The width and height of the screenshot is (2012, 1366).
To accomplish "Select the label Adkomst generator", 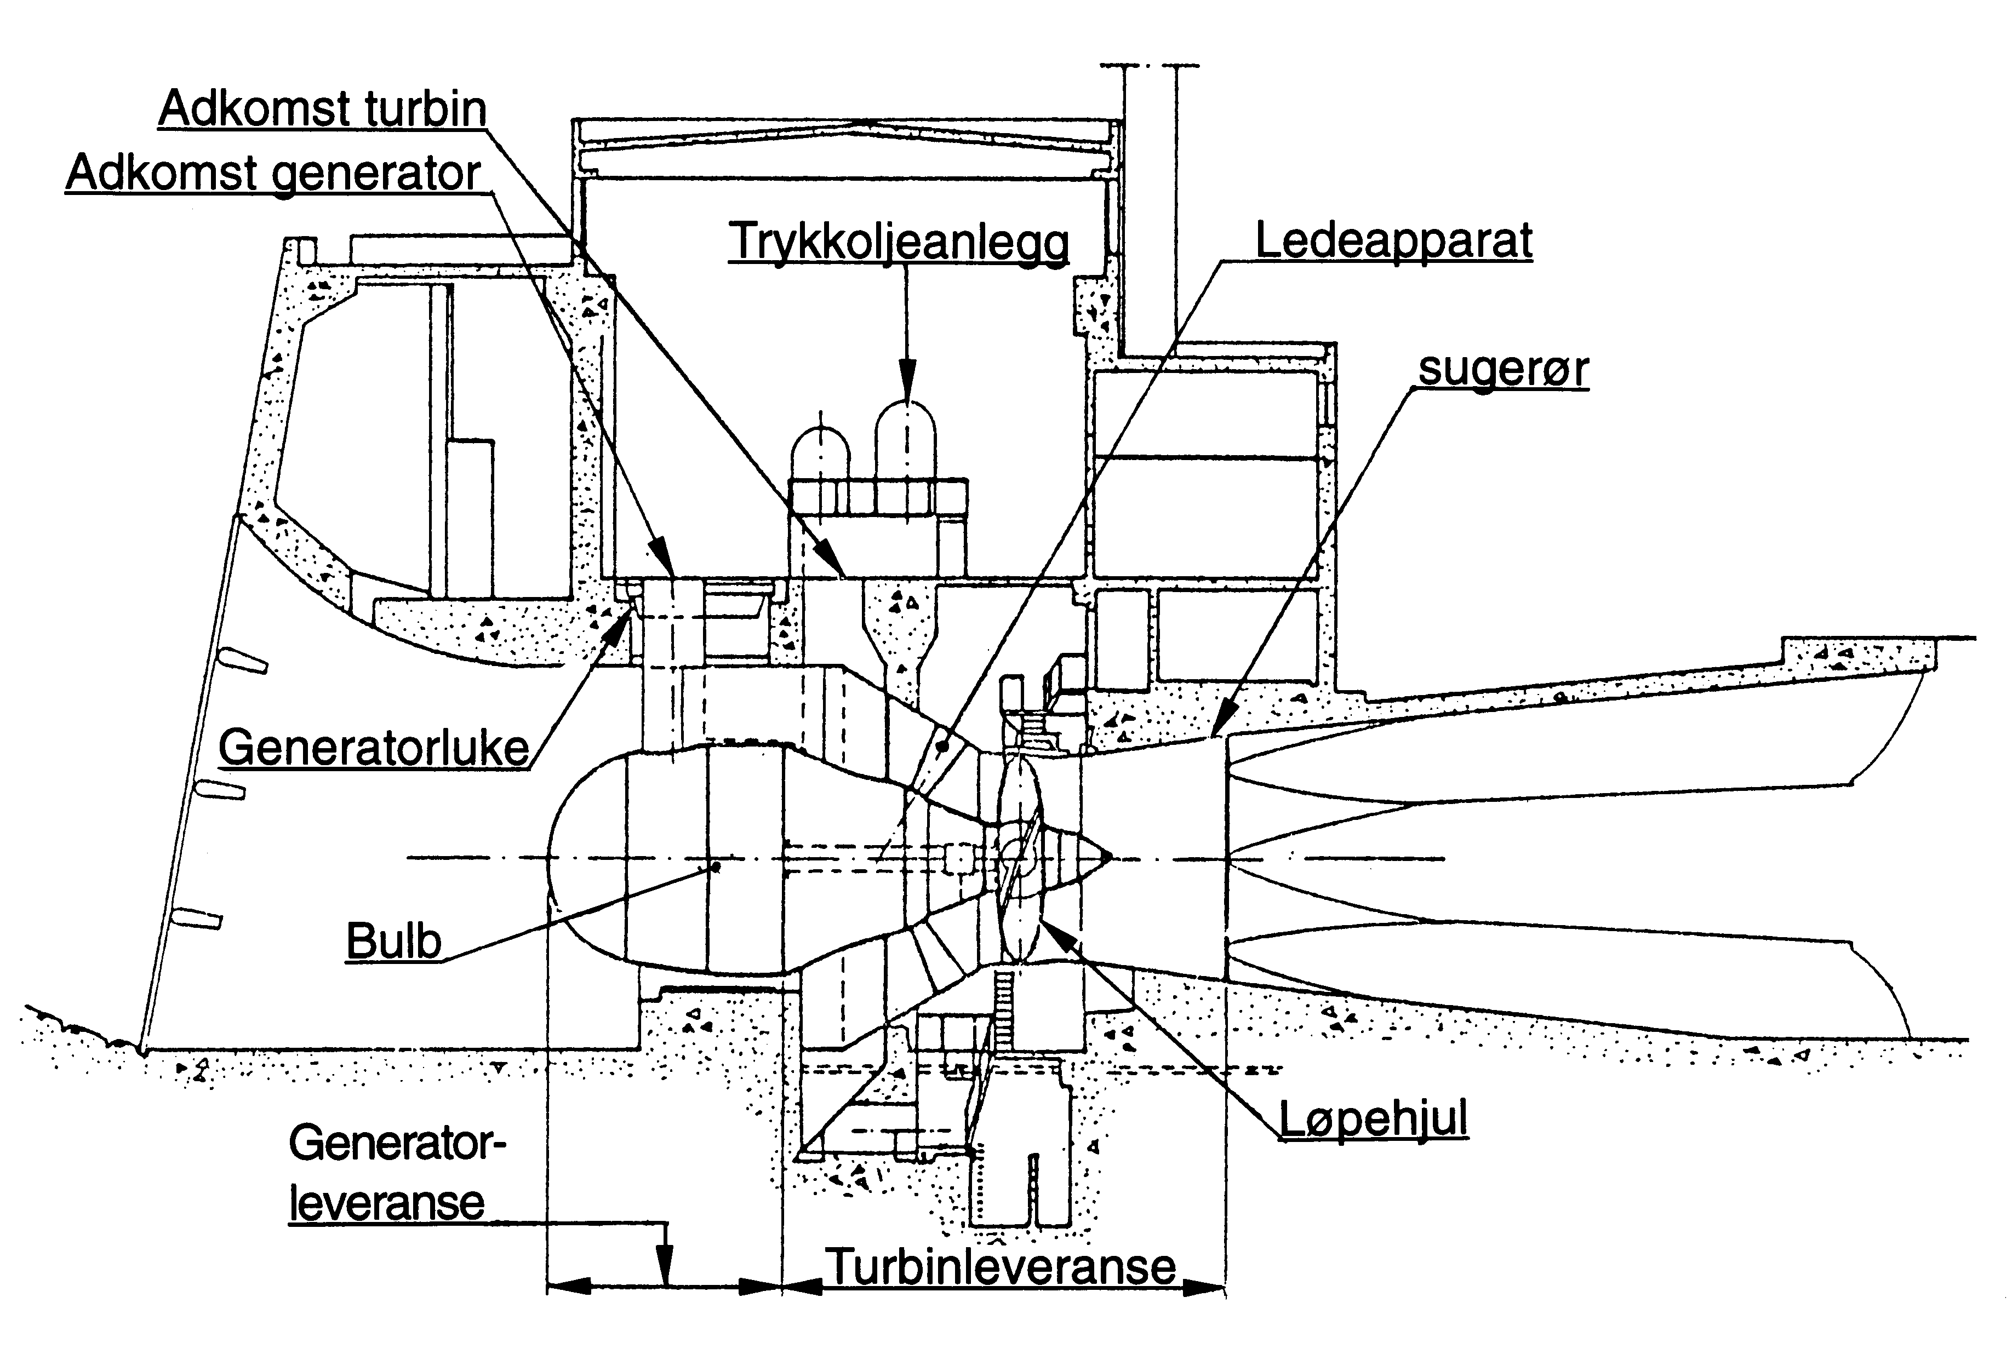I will point(273,173).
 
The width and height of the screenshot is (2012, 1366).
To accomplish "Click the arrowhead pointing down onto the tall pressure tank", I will point(906,385).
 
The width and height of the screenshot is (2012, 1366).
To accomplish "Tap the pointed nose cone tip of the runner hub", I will point(1107,857).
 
